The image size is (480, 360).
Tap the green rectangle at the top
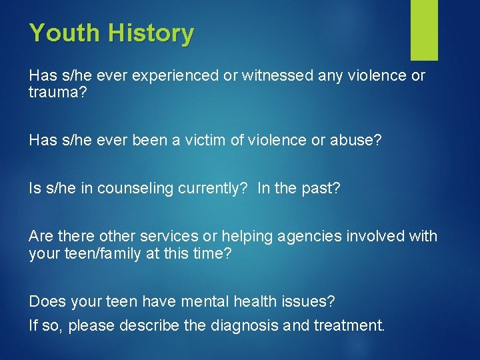(424, 29)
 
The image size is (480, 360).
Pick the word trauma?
(57, 92)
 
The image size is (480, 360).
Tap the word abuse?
(355, 140)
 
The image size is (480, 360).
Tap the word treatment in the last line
(348, 326)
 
